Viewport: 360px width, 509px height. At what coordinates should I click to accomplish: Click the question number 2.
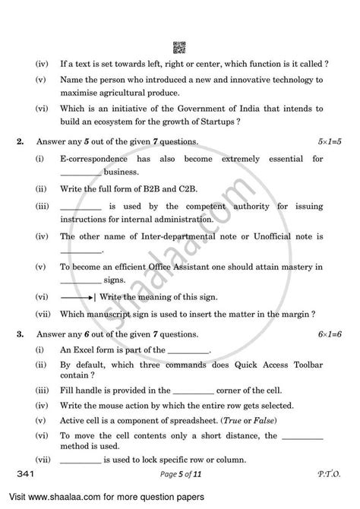(28, 141)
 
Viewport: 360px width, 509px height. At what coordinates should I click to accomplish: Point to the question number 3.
(28, 334)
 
